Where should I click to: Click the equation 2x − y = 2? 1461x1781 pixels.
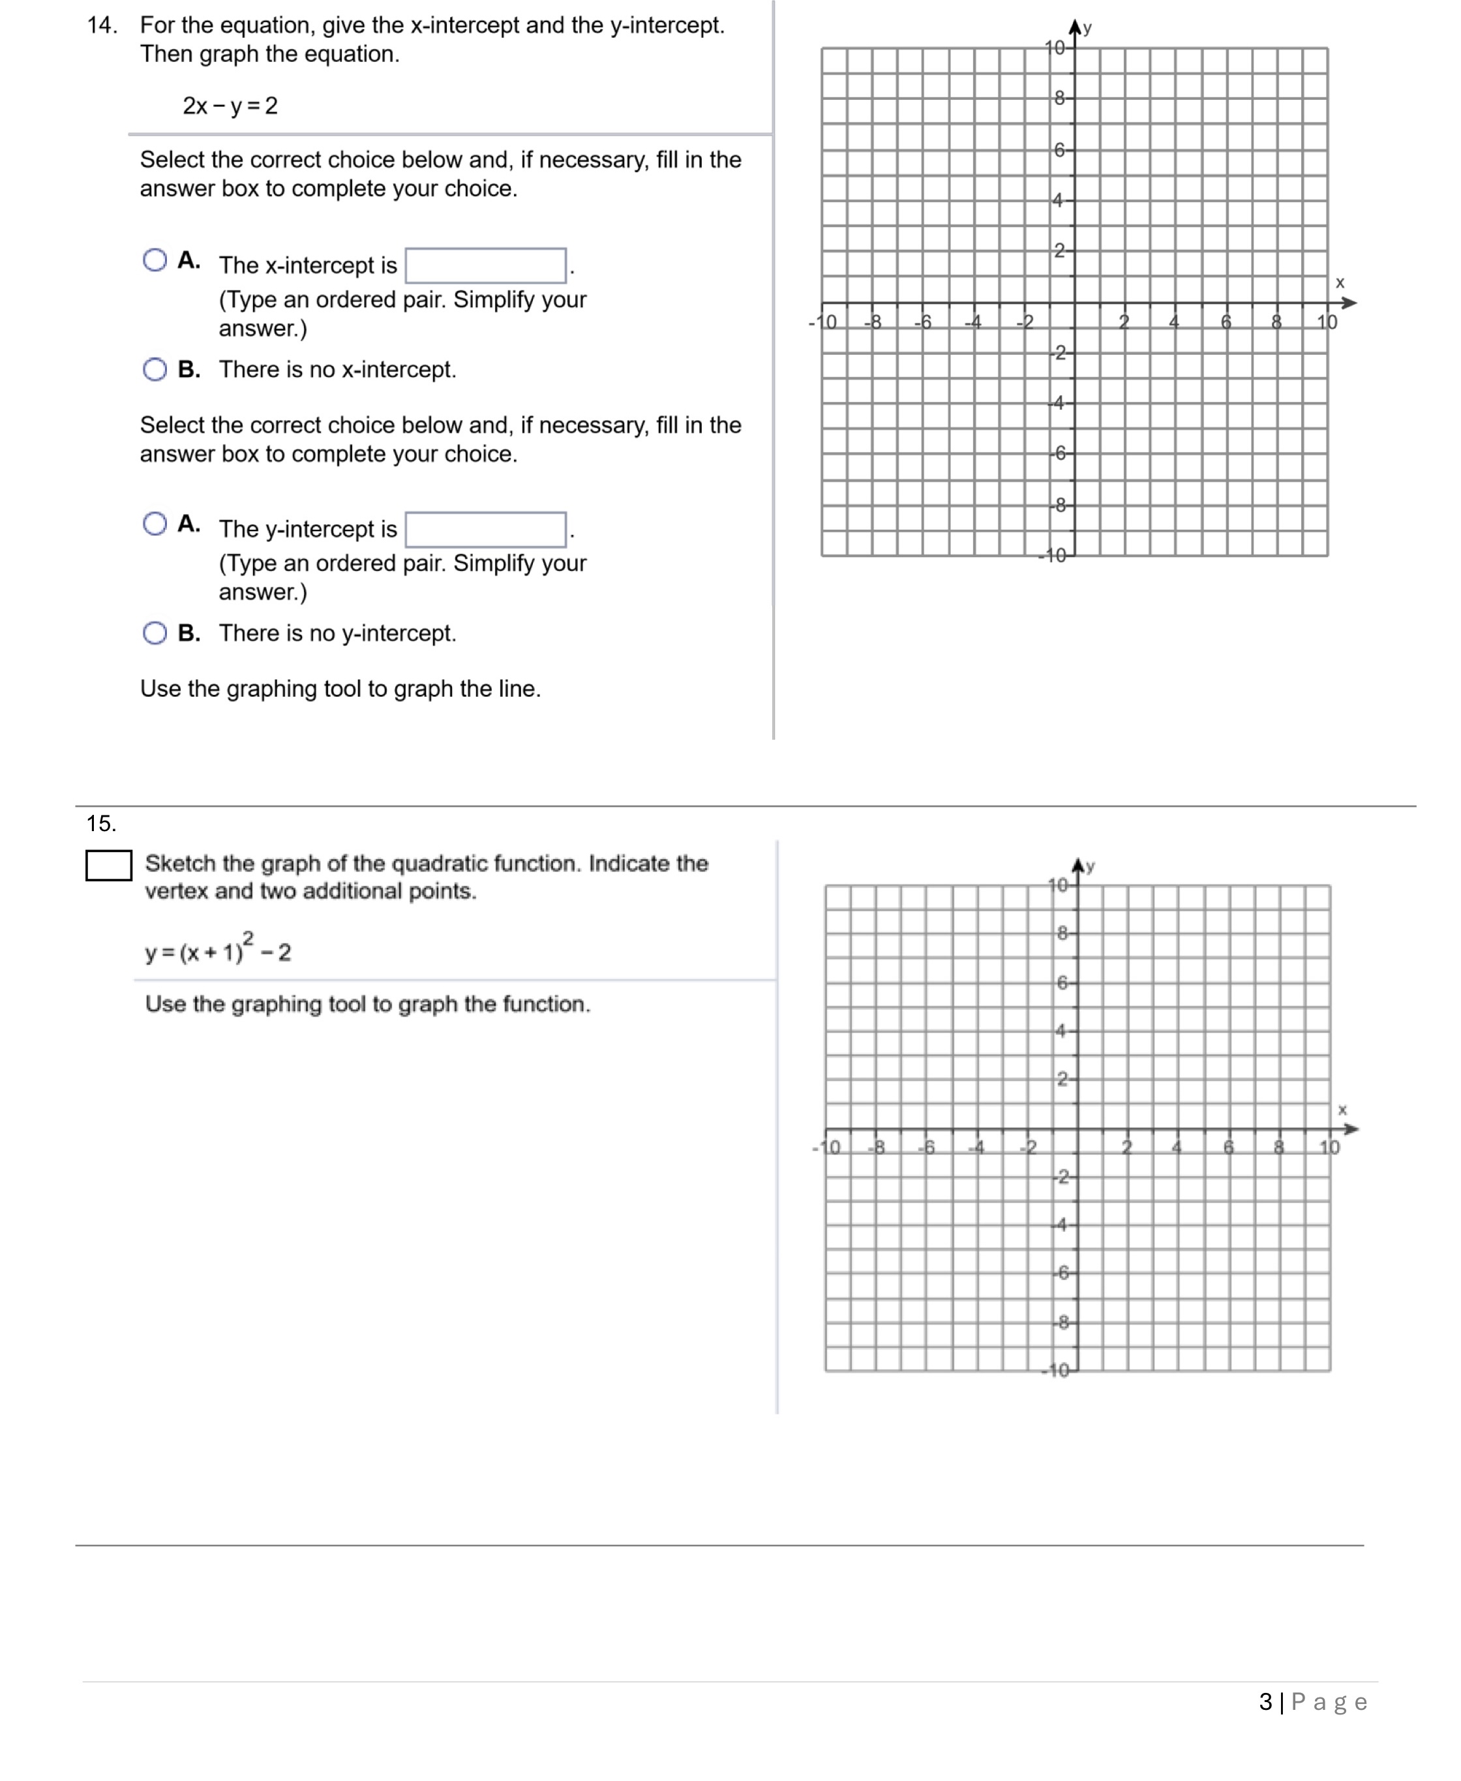[x=230, y=106]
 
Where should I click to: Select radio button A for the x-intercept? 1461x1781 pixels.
[x=155, y=260]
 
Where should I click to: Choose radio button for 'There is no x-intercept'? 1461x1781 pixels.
[x=155, y=369]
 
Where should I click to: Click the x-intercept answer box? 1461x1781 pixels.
[x=486, y=266]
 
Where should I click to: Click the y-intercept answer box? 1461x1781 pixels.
[x=486, y=530]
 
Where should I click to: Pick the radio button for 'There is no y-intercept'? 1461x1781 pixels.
[x=155, y=633]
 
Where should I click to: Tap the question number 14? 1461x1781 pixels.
[x=102, y=25]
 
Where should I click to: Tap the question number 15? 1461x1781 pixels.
[x=101, y=823]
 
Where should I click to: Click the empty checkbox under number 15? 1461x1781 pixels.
[x=108, y=865]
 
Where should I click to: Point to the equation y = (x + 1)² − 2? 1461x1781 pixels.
[x=218, y=951]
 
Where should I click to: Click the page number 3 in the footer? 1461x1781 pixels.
[x=1265, y=1702]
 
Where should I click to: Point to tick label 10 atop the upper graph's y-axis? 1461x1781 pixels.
[x=1055, y=48]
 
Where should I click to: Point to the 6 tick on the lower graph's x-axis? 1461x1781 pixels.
[x=1229, y=1148]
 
